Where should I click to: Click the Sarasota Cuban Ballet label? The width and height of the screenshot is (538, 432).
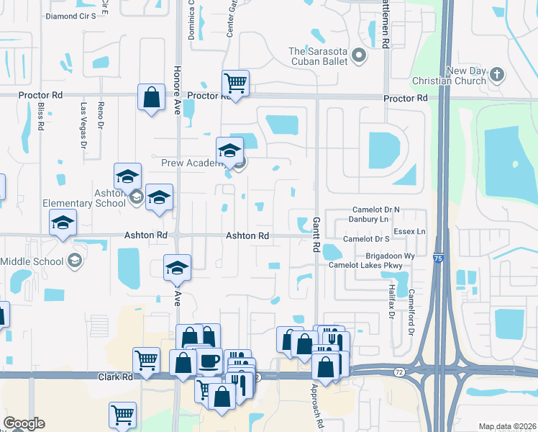point(318,56)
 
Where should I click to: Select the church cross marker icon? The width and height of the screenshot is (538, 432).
point(496,74)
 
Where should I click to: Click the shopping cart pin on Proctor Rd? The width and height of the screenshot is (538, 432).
point(235,84)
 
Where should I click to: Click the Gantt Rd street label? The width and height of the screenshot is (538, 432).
point(316,235)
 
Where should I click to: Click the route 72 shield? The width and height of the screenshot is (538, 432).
point(399,372)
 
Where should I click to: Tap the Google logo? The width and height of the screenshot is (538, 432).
point(24,423)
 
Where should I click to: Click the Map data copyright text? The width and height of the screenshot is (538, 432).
point(506,426)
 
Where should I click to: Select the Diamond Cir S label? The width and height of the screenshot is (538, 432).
point(70,16)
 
